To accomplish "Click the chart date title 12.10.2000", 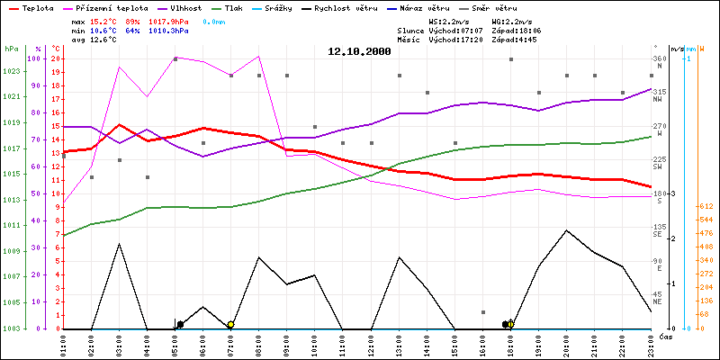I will click(x=359, y=52).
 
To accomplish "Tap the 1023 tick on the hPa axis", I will click(x=12, y=70).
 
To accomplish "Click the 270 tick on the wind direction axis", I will click(x=658, y=126).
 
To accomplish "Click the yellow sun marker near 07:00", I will click(x=230, y=325).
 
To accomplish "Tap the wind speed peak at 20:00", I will click(x=566, y=230).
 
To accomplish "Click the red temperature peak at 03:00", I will click(x=120, y=124).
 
